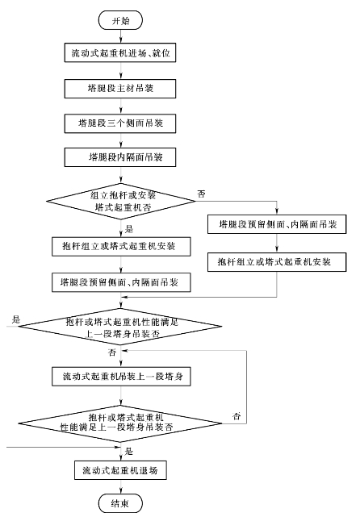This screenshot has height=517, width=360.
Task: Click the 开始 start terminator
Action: point(120,20)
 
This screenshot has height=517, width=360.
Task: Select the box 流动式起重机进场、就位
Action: point(120,52)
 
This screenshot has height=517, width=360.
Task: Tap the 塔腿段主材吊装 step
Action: point(120,89)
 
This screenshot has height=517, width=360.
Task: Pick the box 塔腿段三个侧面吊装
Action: point(120,123)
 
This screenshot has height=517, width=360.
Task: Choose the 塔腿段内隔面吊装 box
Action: point(120,157)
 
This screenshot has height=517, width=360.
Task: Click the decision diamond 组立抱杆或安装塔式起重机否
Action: point(121,201)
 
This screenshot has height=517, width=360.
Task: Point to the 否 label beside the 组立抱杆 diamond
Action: point(201,194)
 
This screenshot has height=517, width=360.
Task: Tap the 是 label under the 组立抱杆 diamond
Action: point(129,229)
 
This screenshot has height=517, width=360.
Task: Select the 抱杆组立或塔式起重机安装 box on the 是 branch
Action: point(121,246)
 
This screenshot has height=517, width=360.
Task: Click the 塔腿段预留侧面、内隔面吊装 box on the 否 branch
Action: point(277,224)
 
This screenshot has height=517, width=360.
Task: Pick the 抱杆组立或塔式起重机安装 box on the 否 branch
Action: point(277,262)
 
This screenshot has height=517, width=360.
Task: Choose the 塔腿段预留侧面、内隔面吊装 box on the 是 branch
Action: point(121,282)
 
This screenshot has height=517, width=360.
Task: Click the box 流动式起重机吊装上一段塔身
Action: point(121,376)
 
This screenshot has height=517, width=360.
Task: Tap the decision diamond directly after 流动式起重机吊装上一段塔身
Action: point(120,423)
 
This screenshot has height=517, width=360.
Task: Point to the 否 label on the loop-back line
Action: point(237,416)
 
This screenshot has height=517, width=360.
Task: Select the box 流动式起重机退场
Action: point(120,470)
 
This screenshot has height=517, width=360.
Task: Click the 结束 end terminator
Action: point(120,503)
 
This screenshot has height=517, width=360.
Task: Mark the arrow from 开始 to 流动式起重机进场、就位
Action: point(121,36)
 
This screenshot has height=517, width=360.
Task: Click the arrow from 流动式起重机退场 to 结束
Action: point(121,487)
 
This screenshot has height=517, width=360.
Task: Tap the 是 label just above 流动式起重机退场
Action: point(129,451)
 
